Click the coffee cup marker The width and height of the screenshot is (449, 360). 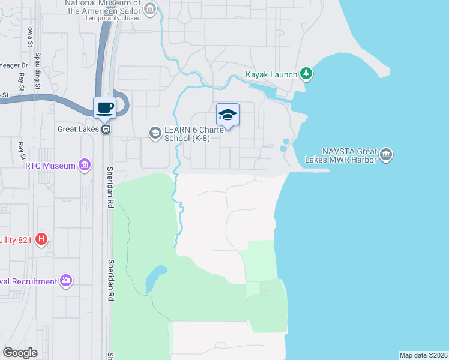pos(104,108)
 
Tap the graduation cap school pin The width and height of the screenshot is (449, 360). pos(228,114)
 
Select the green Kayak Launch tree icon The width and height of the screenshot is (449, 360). pos(306,74)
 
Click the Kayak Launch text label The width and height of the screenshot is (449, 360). pos(271,74)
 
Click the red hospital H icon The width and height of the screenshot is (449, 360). pos(41,240)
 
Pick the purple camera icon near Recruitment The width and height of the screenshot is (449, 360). pos(65,280)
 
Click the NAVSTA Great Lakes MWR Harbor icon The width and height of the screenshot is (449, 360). pos(386,155)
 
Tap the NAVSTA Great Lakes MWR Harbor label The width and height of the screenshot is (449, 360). pos(349,155)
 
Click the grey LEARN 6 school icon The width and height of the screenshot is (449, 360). pos(155,132)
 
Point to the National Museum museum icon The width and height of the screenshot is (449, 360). pos(149,8)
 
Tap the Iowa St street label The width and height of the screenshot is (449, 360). pos(29,36)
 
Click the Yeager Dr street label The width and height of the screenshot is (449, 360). pos(14,65)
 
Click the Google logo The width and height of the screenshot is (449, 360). pos(20,353)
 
